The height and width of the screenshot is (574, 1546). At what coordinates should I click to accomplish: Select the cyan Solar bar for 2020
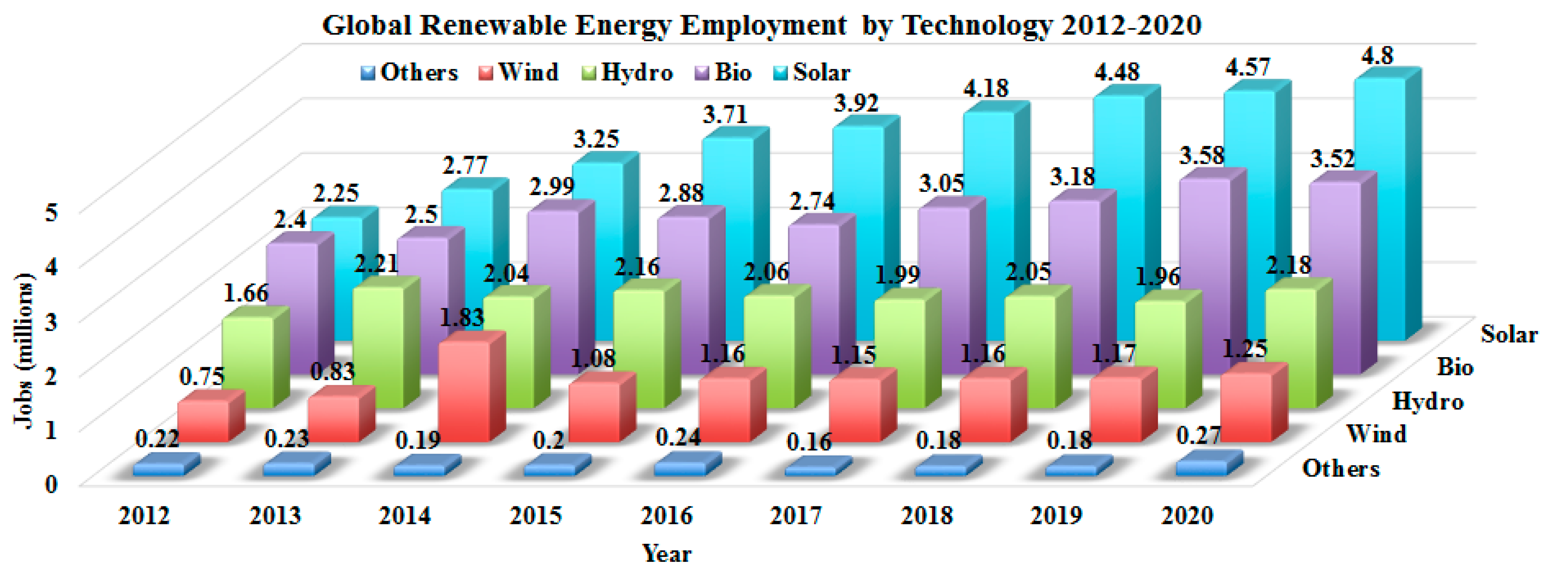1379,204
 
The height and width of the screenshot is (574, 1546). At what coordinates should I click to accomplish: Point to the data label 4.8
1377,55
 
